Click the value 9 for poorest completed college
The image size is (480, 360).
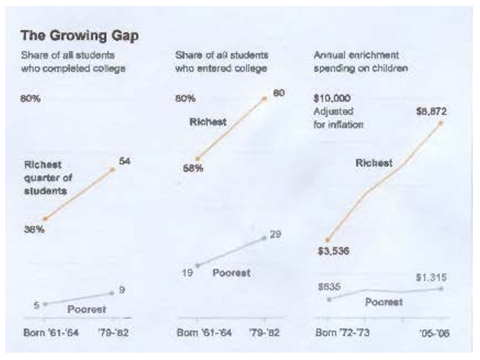click(122, 290)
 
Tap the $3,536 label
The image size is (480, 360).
click(333, 252)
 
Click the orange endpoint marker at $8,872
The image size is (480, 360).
click(442, 122)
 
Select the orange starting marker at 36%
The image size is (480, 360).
click(45, 218)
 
